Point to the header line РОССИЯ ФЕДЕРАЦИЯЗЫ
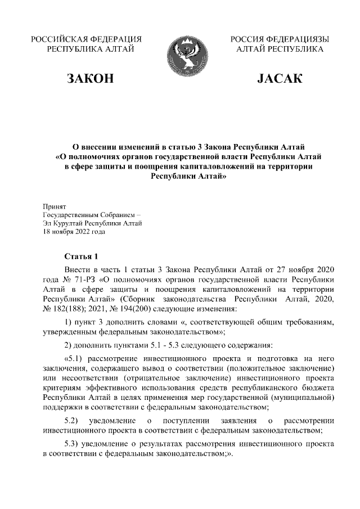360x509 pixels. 280,39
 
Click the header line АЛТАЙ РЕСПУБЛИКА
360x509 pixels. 280,49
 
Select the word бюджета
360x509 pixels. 317,388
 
